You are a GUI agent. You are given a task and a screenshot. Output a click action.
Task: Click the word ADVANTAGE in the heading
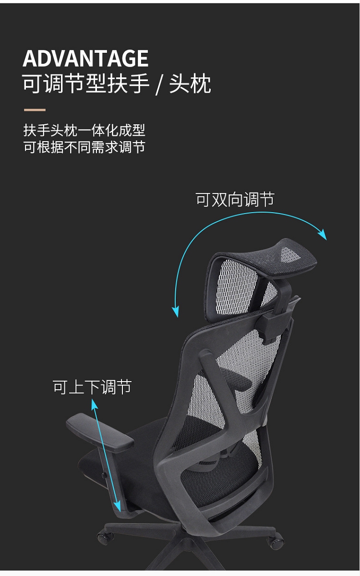(x=85, y=59)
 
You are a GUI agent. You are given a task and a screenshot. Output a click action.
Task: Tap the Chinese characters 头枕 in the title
(x=190, y=84)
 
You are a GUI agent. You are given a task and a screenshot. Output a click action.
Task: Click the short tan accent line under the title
(x=35, y=110)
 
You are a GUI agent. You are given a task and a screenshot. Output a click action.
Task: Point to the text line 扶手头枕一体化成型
(x=84, y=130)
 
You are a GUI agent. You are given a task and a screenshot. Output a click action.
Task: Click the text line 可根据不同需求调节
(x=84, y=147)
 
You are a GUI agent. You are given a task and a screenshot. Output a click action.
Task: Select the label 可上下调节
(x=92, y=387)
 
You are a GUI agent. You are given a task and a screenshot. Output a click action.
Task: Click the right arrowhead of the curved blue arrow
(x=323, y=235)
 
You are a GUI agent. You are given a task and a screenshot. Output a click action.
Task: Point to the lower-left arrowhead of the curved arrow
(x=176, y=312)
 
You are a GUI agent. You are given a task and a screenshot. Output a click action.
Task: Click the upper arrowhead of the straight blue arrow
(x=94, y=404)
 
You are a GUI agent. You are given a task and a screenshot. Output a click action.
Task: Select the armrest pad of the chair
(x=100, y=433)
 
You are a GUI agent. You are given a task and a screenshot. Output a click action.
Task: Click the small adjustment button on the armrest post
(x=104, y=475)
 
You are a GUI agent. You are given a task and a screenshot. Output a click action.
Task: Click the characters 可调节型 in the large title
(x=64, y=84)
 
